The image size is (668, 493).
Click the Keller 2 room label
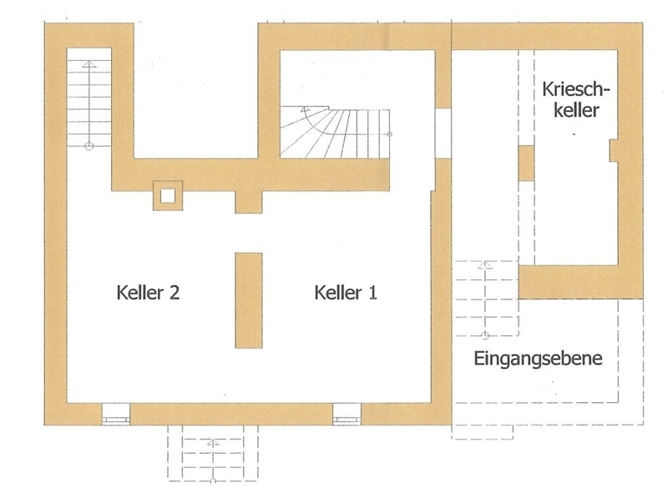point(148,293)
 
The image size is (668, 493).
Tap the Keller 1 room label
point(346,293)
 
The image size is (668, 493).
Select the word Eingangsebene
point(538,359)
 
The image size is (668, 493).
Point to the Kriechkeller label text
point(576,99)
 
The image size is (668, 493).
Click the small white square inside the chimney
point(168,196)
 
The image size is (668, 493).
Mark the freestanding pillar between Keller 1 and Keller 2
point(249,300)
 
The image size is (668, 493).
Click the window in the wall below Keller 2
point(115,414)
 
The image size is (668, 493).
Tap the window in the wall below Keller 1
point(347,414)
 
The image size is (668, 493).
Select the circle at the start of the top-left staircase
point(89,147)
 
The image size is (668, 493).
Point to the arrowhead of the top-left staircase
point(89,64)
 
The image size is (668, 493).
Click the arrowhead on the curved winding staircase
point(305,109)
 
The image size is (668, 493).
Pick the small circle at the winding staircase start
point(389,134)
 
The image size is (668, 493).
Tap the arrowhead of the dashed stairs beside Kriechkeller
point(485,264)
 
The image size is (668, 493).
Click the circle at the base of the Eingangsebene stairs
point(485,335)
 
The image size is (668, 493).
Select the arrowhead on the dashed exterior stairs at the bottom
point(213,443)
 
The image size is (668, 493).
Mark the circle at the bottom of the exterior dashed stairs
point(213,481)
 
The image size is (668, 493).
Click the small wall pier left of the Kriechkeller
point(526,163)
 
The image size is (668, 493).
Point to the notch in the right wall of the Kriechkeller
point(614,150)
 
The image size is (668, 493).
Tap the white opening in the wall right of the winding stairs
point(443,133)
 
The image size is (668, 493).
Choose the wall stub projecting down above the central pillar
point(249,201)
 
